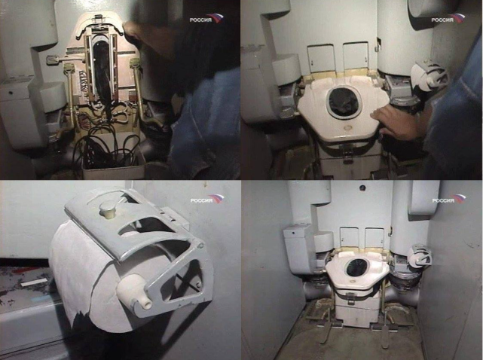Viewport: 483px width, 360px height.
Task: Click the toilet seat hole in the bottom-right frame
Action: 356,267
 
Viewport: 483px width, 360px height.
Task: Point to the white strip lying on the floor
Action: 33,282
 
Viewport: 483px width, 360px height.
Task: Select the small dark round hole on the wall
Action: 362,188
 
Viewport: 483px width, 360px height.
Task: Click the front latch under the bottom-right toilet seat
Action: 350,298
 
